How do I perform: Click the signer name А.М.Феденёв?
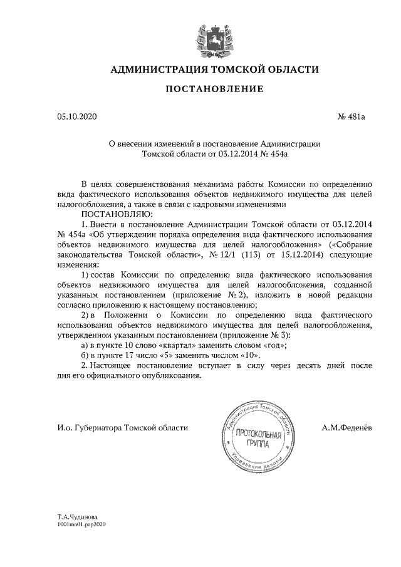pyautogui.click(x=346, y=429)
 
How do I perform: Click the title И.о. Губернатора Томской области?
pyautogui.click(x=122, y=429)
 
